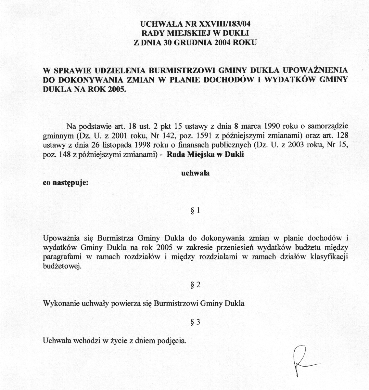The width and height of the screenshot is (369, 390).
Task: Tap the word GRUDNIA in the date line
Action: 194,42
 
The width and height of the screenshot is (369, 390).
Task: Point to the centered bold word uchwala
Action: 195,173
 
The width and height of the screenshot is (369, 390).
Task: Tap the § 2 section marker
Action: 195,285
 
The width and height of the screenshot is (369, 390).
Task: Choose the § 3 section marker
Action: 195,322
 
